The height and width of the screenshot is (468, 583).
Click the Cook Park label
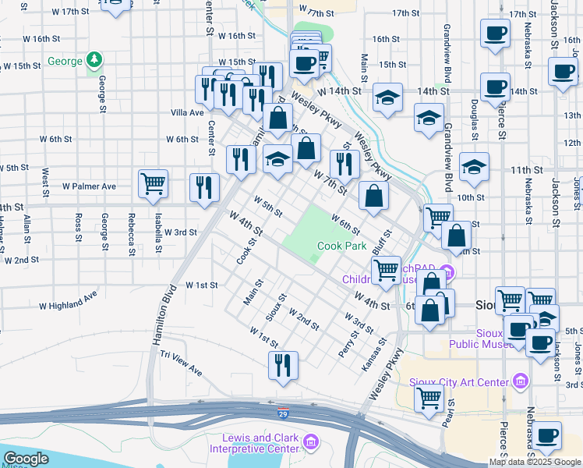point(341,246)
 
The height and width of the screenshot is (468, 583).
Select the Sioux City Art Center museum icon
point(521,381)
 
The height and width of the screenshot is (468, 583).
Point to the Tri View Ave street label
point(181,363)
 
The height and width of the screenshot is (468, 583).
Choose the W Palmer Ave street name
point(90,186)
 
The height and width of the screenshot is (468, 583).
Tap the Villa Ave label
point(187,112)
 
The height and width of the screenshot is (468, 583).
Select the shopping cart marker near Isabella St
point(153,184)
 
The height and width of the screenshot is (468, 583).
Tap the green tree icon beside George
point(94,58)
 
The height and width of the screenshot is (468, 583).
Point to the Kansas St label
point(375,354)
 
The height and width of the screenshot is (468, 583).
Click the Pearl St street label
point(450,414)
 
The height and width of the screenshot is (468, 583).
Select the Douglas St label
point(475,114)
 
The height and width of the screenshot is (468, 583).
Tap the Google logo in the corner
point(26,459)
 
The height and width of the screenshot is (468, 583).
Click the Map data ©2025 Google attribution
point(535,462)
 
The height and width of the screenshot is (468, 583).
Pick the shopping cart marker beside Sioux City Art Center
point(429,398)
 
